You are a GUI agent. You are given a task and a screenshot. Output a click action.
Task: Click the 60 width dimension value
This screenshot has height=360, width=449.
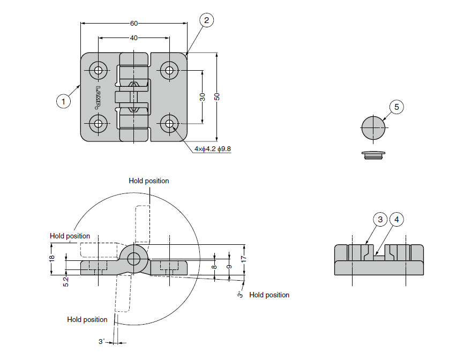point(134,23)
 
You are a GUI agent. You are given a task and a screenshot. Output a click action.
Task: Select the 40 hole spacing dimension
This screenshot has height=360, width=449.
point(134,38)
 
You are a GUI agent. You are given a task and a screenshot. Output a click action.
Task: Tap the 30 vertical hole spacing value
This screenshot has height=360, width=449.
point(202,97)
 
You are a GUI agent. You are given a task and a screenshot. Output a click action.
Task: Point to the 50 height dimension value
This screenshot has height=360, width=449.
point(216,97)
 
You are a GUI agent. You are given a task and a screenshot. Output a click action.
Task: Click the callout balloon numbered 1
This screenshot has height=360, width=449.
point(64,101)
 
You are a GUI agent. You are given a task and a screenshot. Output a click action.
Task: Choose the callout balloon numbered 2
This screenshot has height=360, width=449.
point(207,20)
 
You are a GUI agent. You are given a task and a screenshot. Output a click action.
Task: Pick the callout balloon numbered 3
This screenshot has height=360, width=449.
point(380,220)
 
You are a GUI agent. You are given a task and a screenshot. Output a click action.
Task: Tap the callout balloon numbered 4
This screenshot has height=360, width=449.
point(396,220)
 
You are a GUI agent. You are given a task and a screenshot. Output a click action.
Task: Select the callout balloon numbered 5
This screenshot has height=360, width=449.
point(396,107)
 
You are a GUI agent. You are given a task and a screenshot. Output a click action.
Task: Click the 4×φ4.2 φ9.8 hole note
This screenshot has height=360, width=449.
point(212,148)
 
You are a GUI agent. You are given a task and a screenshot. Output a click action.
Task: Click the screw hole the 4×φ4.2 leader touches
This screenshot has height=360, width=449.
point(170,124)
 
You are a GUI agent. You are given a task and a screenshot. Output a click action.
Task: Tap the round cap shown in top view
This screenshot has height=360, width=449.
point(373,128)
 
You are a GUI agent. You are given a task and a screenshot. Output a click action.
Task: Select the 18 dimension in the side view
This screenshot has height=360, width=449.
point(52,259)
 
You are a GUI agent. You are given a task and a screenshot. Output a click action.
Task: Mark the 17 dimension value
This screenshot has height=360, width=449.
point(244,258)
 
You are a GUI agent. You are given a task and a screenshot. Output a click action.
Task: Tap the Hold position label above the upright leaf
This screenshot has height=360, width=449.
point(149,181)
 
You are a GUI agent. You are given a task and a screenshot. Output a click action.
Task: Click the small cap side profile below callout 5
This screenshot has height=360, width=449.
point(373,155)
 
